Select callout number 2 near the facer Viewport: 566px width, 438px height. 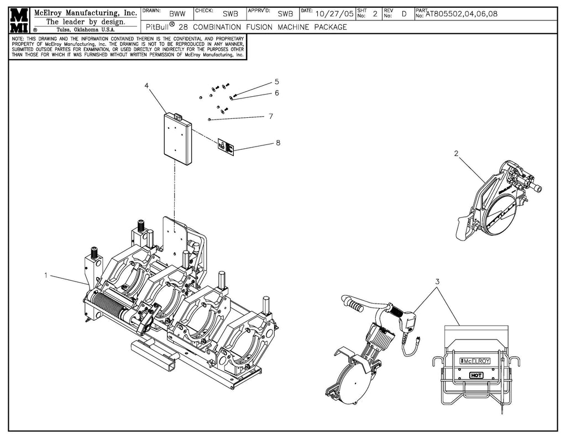tap(456, 154)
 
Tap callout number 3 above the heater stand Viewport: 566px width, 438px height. tap(437, 281)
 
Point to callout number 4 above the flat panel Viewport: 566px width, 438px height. tap(146, 86)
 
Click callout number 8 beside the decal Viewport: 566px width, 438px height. tap(278, 143)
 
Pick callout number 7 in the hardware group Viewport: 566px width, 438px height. tap(271, 116)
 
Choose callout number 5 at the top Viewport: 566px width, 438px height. tap(276, 82)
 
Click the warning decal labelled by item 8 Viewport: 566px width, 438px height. tap(225, 147)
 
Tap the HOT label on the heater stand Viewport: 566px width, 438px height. tap(475, 374)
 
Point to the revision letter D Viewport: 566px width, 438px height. tap(403, 14)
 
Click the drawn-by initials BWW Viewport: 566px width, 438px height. tap(177, 14)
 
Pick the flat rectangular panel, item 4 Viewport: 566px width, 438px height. tap(177, 138)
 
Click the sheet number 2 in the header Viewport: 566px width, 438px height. tap(375, 14)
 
